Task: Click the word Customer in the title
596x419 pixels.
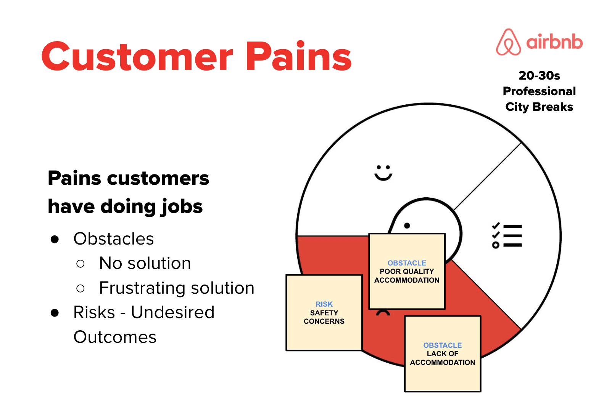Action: pyautogui.click(x=137, y=56)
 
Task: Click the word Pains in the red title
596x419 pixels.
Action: pyautogui.click(x=299, y=56)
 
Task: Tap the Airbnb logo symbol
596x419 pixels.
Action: pyautogui.click(x=508, y=42)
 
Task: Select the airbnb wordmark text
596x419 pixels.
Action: pyautogui.click(x=554, y=42)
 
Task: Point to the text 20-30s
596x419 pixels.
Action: pyautogui.click(x=539, y=76)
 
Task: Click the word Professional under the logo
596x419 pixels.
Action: pyautogui.click(x=539, y=91)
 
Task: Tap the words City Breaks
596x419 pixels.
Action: pyautogui.click(x=539, y=107)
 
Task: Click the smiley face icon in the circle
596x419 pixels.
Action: pyautogui.click(x=383, y=173)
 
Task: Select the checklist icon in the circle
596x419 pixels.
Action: pyautogui.click(x=507, y=235)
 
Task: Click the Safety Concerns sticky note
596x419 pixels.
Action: pyautogui.click(x=324, y=312)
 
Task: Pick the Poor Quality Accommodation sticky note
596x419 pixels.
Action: pyautogui.click(x=407, y=271)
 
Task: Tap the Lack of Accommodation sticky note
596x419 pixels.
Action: pyautogui.click(x=443, y=353)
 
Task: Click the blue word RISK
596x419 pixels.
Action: pyautogui.click(x=324, y=304)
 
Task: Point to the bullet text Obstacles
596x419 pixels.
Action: pyautogui.click(x=114, y=238)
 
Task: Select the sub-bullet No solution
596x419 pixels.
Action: pyautogui.click(x=145, y=263)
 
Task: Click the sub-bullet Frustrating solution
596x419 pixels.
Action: pyautogui.click(x=177, y=288)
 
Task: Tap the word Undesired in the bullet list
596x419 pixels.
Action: pyautogui.click(x=173, y=312)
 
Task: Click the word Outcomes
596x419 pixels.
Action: pyautogui.click(x=115, y=337)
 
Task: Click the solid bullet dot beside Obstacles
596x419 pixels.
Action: pyautogui.click(x=55, y=239)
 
